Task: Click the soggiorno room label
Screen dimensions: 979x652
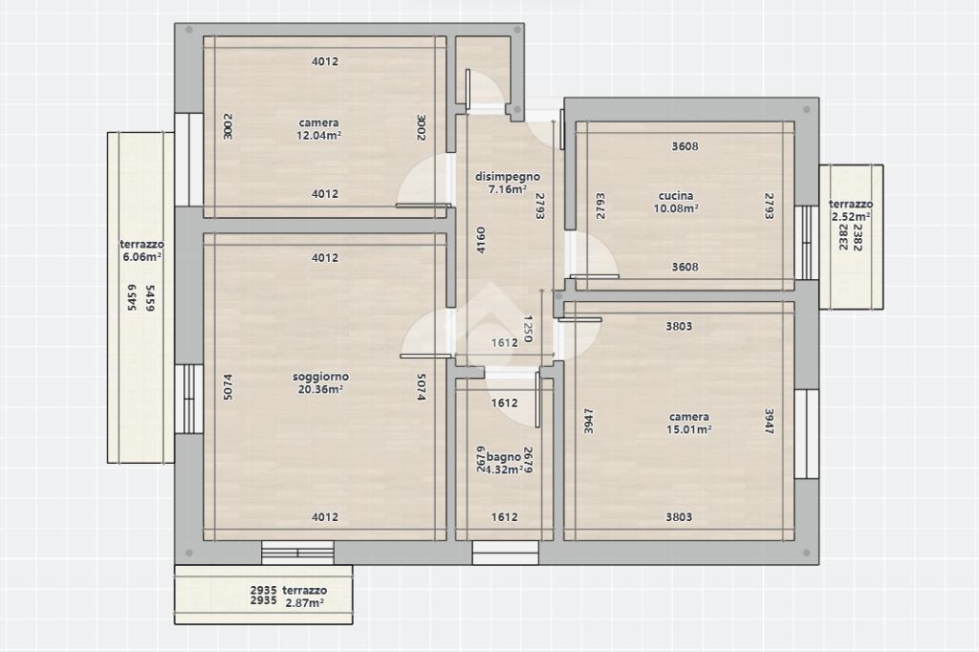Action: click(x=320, y=377)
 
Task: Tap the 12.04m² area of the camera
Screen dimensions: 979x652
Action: click(x=318, y=136)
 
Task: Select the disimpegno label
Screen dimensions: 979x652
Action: click(x=508, y=177)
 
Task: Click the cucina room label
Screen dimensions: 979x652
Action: click(x=676, y=195)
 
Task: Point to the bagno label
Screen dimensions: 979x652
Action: click(x=504, y=457)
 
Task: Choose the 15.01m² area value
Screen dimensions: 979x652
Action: click(x=688, y=429)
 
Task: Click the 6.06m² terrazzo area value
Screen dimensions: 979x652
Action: click(x=142, y=256)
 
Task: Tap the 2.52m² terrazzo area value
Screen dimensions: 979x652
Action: click(x=851, y=217)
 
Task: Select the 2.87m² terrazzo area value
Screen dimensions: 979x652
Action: click(x=304, y=603)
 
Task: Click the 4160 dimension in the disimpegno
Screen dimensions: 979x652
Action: click(x=481, y=240)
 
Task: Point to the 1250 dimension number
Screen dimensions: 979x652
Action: click(x=528, y=329)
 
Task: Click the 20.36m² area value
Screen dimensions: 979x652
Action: click(x=320, y=389)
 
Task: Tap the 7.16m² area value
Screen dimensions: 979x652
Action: click(x=507, y=189)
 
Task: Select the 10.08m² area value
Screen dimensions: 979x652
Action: click(x=676, y=208)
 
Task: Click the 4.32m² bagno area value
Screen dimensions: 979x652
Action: click(x=504, y=469)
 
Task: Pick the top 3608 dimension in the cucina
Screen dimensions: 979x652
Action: click(x=685, y=146)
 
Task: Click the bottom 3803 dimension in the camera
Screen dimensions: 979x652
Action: click(x=679, y=516)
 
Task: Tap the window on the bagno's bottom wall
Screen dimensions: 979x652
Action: click(x=505, y=553)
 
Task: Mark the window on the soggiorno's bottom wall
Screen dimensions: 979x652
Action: click(x=297, y=553)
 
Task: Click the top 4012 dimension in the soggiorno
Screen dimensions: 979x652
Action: click(x=325, y=257)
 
